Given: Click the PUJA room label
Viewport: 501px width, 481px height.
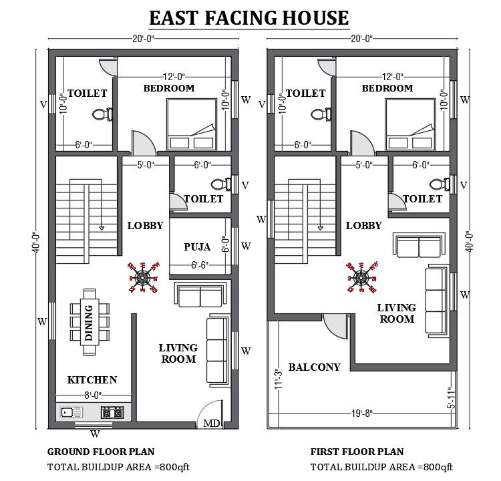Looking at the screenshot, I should (197, 247).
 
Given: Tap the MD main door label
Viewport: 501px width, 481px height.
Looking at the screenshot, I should (211, 424).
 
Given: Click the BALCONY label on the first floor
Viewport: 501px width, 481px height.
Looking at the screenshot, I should (315, 367).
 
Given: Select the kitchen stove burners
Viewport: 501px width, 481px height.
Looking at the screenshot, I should (112, 412).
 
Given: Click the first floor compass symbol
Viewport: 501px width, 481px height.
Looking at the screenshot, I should (361, 277).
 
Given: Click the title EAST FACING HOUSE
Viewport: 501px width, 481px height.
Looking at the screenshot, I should (248, 18).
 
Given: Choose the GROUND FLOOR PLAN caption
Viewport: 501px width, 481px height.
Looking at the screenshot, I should (101, 452).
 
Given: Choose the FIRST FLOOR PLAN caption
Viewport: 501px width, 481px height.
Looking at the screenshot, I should (357, 452).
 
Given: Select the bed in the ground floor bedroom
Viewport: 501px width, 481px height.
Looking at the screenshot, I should (191, 125).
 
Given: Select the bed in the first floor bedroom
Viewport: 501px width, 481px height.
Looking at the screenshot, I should (410, 125).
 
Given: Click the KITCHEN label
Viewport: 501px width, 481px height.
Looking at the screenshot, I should (92, 379).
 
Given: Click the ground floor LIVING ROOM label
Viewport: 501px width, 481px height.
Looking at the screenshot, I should (178, 353).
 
